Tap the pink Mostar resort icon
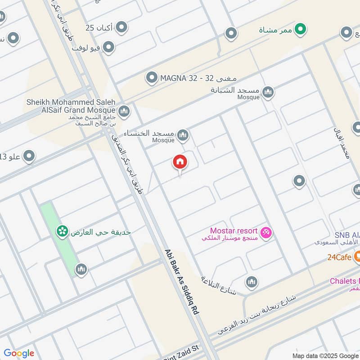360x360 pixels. pos(266,233)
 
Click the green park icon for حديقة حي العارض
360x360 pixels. pos(62,232)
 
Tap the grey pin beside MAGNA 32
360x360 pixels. pos(152,78)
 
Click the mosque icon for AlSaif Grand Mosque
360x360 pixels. pos(124,111)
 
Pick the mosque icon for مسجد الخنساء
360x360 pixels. pos(183,135)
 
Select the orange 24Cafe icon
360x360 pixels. pos(357,257)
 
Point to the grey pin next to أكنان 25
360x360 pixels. pos(121,28)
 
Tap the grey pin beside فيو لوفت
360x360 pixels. pos(108,46)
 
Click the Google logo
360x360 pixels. pos(19,353)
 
